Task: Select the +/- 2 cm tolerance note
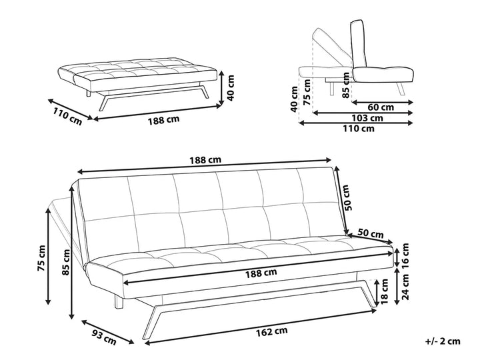(443, 341)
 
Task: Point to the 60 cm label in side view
(380, 106)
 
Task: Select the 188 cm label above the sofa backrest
(207, 161)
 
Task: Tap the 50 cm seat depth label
(371, 233)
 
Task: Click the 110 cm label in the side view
(358, 129)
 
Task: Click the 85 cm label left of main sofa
(65, 264)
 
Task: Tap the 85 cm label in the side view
(345, 87)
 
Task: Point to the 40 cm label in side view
(294, 100)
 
